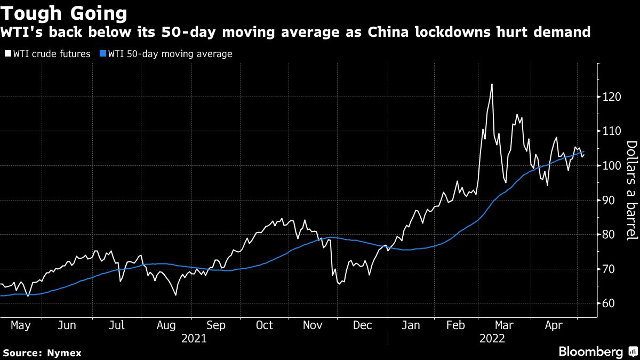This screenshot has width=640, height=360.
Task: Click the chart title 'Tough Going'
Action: click(65, 12)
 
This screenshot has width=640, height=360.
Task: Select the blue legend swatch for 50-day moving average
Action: click(103, 54)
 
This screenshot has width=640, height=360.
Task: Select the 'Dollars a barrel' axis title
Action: click(631, 197)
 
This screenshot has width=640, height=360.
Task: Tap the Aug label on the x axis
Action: click(167, 325)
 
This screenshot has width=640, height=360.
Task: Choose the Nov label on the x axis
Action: click(314, 325)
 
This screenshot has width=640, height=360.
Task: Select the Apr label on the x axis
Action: click(555, 325)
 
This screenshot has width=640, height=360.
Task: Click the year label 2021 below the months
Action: click(193, 338)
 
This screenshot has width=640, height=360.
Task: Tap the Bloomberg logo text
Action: click(590, 352)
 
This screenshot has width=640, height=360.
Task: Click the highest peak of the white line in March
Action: click(492, 84)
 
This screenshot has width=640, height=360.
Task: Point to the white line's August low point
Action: click(175, 295)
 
